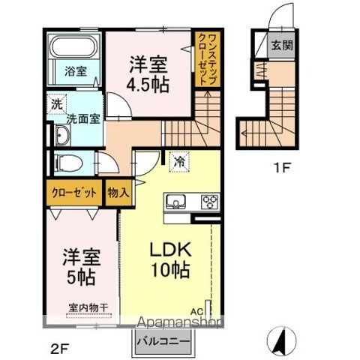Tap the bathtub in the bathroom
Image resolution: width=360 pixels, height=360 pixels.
[73, 46]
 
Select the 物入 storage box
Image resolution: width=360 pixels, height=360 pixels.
[118, 193]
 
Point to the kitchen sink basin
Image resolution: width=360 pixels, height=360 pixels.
[177, 200]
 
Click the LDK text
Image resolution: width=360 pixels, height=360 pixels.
[175, 250]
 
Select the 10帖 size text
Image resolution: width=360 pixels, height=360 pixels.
[175, 271]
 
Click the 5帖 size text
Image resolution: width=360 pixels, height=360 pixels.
[78, 277]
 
